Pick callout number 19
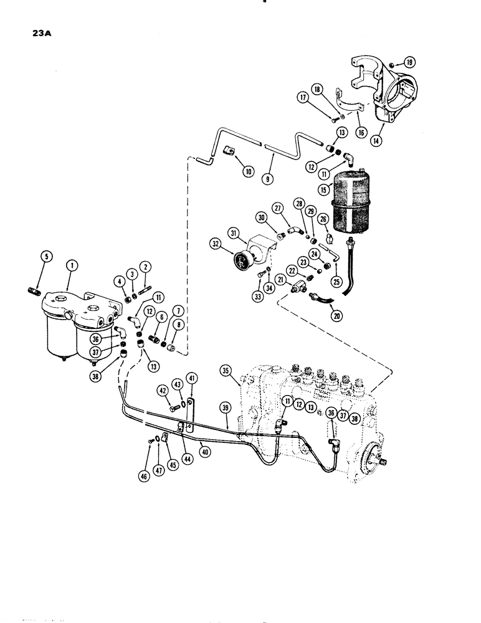pos(409,62)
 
